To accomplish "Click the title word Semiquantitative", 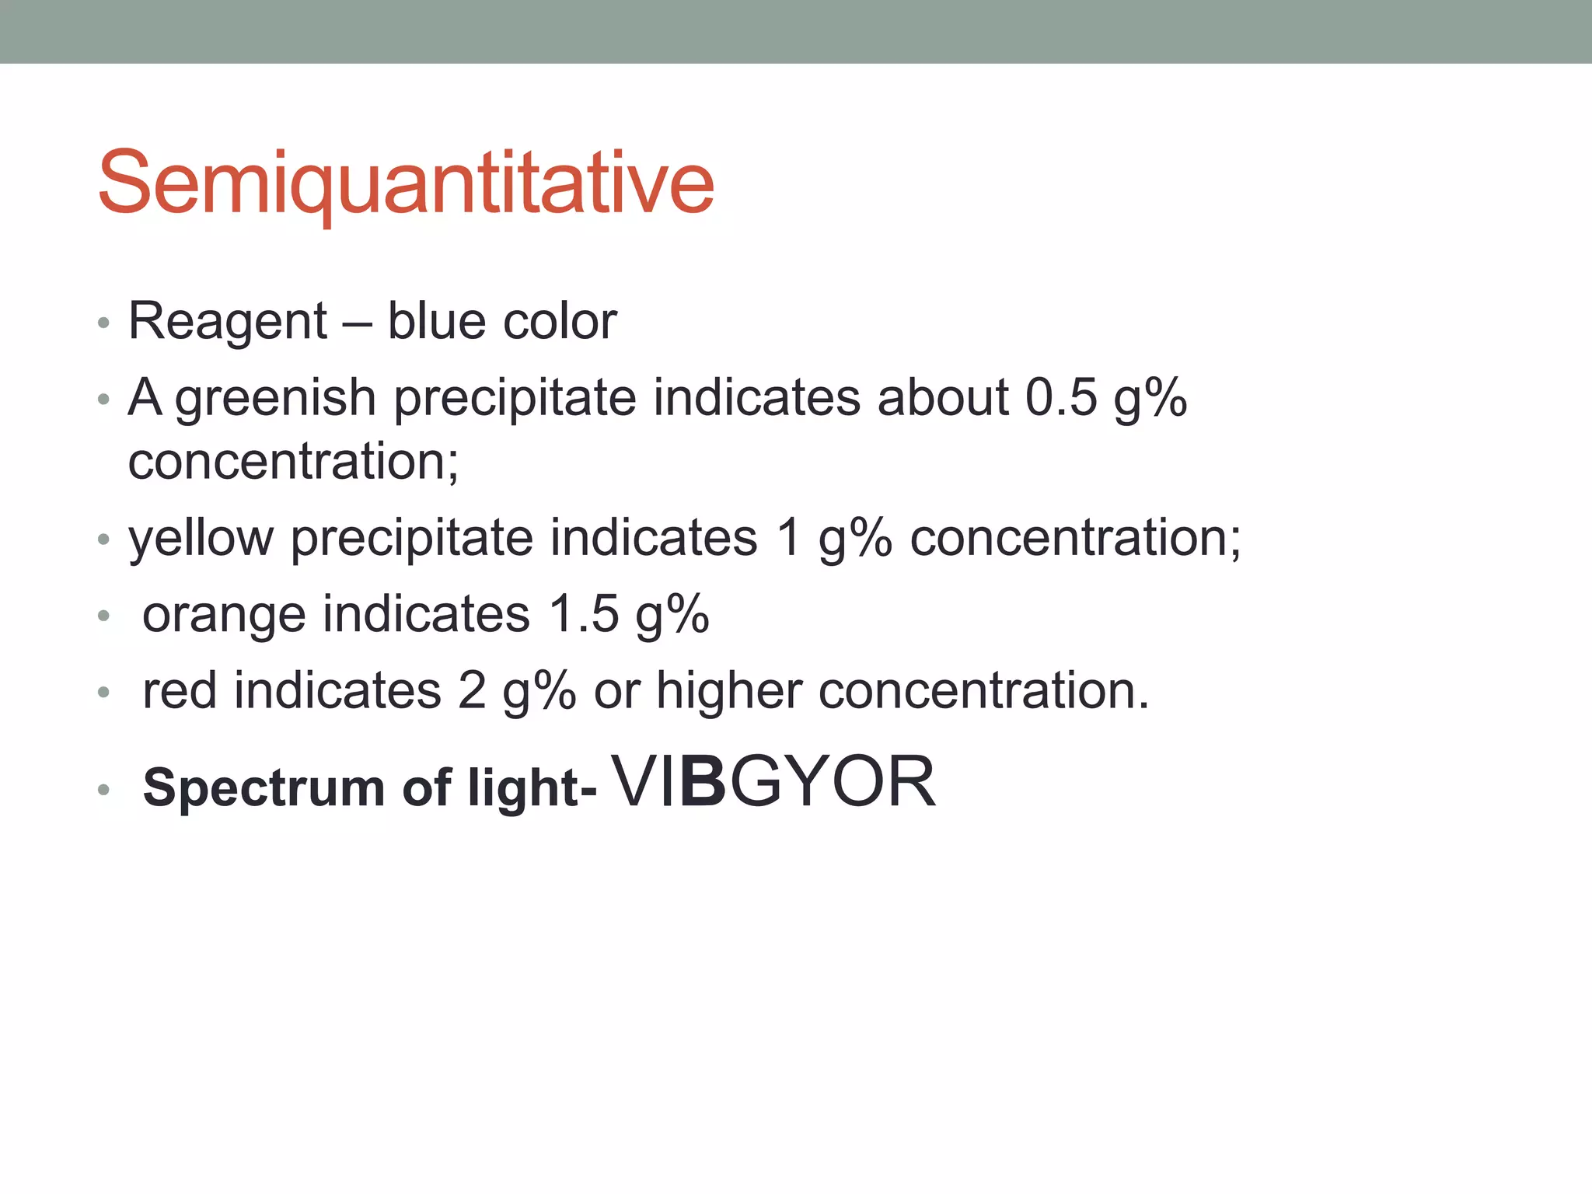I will point(405,183).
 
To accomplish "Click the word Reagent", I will point(228,322).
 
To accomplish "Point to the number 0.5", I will point(1060,397).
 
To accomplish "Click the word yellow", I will point(201,539).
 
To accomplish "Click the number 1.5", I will point(584,613).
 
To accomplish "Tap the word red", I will point(180,690).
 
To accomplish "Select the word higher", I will point(728,690).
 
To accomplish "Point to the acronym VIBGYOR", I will point(774,782).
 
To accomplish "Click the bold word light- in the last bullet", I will point(532,788).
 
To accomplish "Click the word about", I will point(942,397).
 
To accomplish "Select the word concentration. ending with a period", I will point(983,690).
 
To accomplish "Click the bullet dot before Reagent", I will point(103,323).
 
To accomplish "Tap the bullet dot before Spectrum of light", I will point(103,791).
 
